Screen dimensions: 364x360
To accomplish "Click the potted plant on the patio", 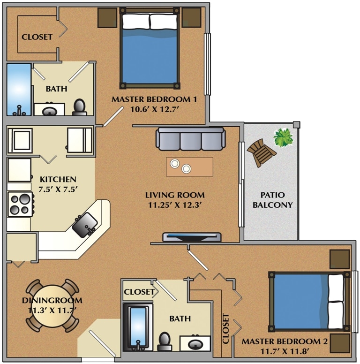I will coord(283,137).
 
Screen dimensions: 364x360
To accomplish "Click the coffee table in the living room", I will coord(189,167).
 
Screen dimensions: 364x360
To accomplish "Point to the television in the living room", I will coord(192,237).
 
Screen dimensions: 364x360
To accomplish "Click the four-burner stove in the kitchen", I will coord(20,205).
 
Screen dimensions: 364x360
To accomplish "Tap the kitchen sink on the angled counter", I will coord(85,223).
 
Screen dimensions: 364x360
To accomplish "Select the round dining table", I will coord(52,305).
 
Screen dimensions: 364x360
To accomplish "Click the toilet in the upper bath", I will coord(80,107).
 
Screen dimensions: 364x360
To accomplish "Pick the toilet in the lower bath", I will coord(165,341).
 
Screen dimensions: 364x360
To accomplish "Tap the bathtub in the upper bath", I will coord(18,89).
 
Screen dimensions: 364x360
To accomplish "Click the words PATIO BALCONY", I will coord(272,200).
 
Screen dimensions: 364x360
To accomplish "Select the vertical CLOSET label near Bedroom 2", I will coord(226,328).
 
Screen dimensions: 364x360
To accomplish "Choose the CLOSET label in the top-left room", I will coord(37,37).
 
